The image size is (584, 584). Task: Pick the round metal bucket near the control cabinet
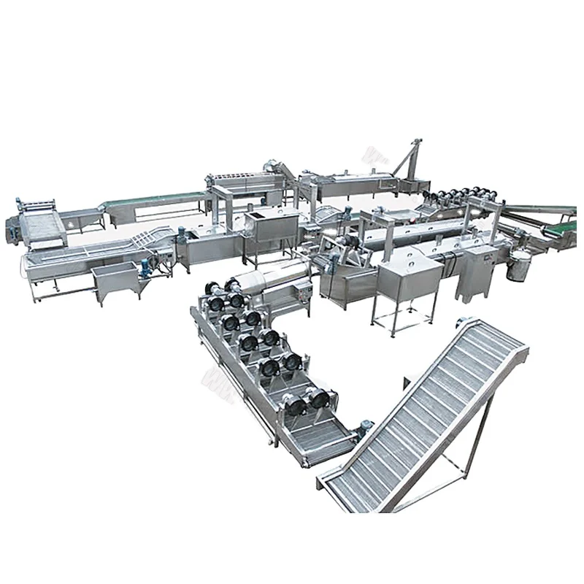tap(519, 267)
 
